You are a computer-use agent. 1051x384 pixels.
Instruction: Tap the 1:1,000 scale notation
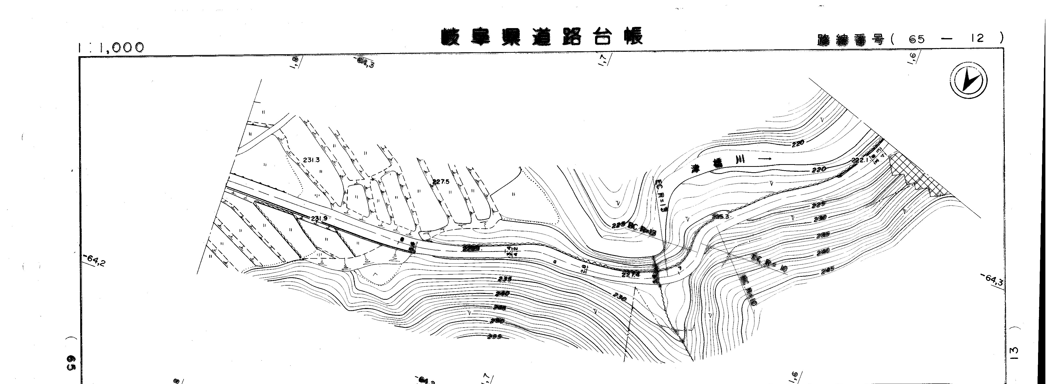tap(111, 48)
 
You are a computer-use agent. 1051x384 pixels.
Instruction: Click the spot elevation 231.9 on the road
tap(319, 218)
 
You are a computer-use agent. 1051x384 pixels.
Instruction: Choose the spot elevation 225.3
tap(720, 216)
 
